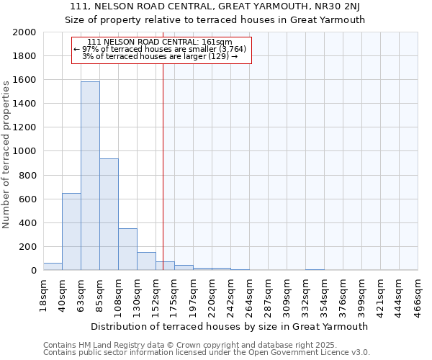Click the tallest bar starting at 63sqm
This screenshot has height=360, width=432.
[90, 176]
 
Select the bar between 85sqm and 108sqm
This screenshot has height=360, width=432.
[109, 215]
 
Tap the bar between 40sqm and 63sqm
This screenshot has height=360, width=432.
[71, 232]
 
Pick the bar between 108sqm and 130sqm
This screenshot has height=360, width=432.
[127, 249]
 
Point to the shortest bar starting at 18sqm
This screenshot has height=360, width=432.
[53, 266]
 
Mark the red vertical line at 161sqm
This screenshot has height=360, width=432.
[163, 166]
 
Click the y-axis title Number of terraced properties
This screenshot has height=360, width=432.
[7, 152]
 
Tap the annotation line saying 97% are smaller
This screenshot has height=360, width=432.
[160, 49]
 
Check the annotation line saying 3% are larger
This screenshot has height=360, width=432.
[160, 56]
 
